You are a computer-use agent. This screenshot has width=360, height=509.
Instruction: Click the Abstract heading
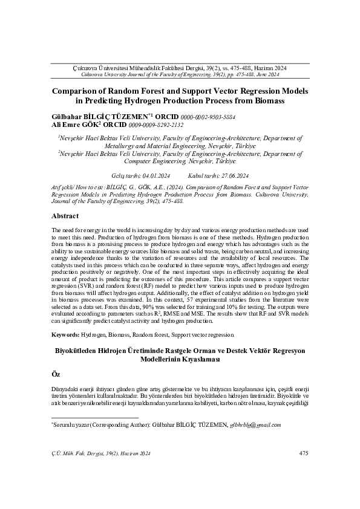pyautogui.click(x=65, y=216)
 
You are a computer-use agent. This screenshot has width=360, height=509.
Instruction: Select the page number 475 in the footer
pyautogui.click(x=304, y=453)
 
